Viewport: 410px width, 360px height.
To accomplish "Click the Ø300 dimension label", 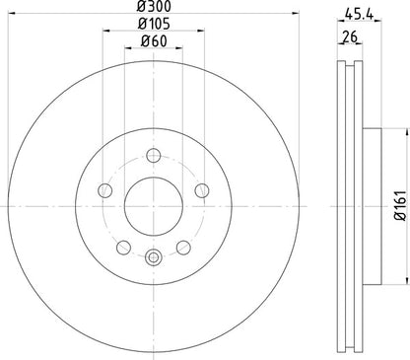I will [x=152, y=7].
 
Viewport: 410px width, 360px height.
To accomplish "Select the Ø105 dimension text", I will [x=152, y=24].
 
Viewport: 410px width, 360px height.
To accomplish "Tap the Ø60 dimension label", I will [x=152, y=40].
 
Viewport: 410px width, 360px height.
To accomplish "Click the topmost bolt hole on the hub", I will [x=153, y=154].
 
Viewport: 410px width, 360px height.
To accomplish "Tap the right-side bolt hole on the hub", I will [x=200, y=189].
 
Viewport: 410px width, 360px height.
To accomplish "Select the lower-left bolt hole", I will [x=123, y=246].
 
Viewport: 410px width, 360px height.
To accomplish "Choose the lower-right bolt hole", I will [x=182, y=246].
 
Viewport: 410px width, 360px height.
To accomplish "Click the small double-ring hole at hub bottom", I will [x=153, y=257].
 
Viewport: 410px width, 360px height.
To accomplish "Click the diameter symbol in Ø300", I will [x=141, y=7].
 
